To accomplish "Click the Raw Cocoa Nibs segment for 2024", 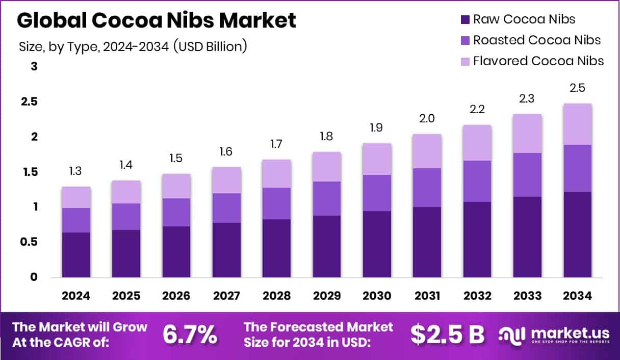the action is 76,255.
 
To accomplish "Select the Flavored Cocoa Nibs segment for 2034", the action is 578,124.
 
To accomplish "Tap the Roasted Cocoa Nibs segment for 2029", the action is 327,199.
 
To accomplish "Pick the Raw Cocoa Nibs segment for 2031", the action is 427,242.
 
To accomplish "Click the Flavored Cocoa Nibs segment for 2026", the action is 176,186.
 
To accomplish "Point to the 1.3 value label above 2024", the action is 75,171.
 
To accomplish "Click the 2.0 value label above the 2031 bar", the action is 427,118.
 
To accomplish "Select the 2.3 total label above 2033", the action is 527,98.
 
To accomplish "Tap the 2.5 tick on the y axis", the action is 29,101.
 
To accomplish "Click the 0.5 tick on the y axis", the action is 29,242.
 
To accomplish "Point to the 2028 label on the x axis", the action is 276,296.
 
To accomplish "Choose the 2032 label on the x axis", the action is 477,296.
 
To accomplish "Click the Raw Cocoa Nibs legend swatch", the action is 465,20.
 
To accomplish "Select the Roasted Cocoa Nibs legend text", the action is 537,40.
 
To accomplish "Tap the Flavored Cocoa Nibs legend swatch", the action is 465,61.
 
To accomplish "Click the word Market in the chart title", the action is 257,20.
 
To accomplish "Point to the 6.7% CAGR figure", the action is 190,335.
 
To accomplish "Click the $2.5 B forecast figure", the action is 448,335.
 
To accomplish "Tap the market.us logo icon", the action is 511,336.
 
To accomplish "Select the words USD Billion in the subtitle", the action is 211,46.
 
